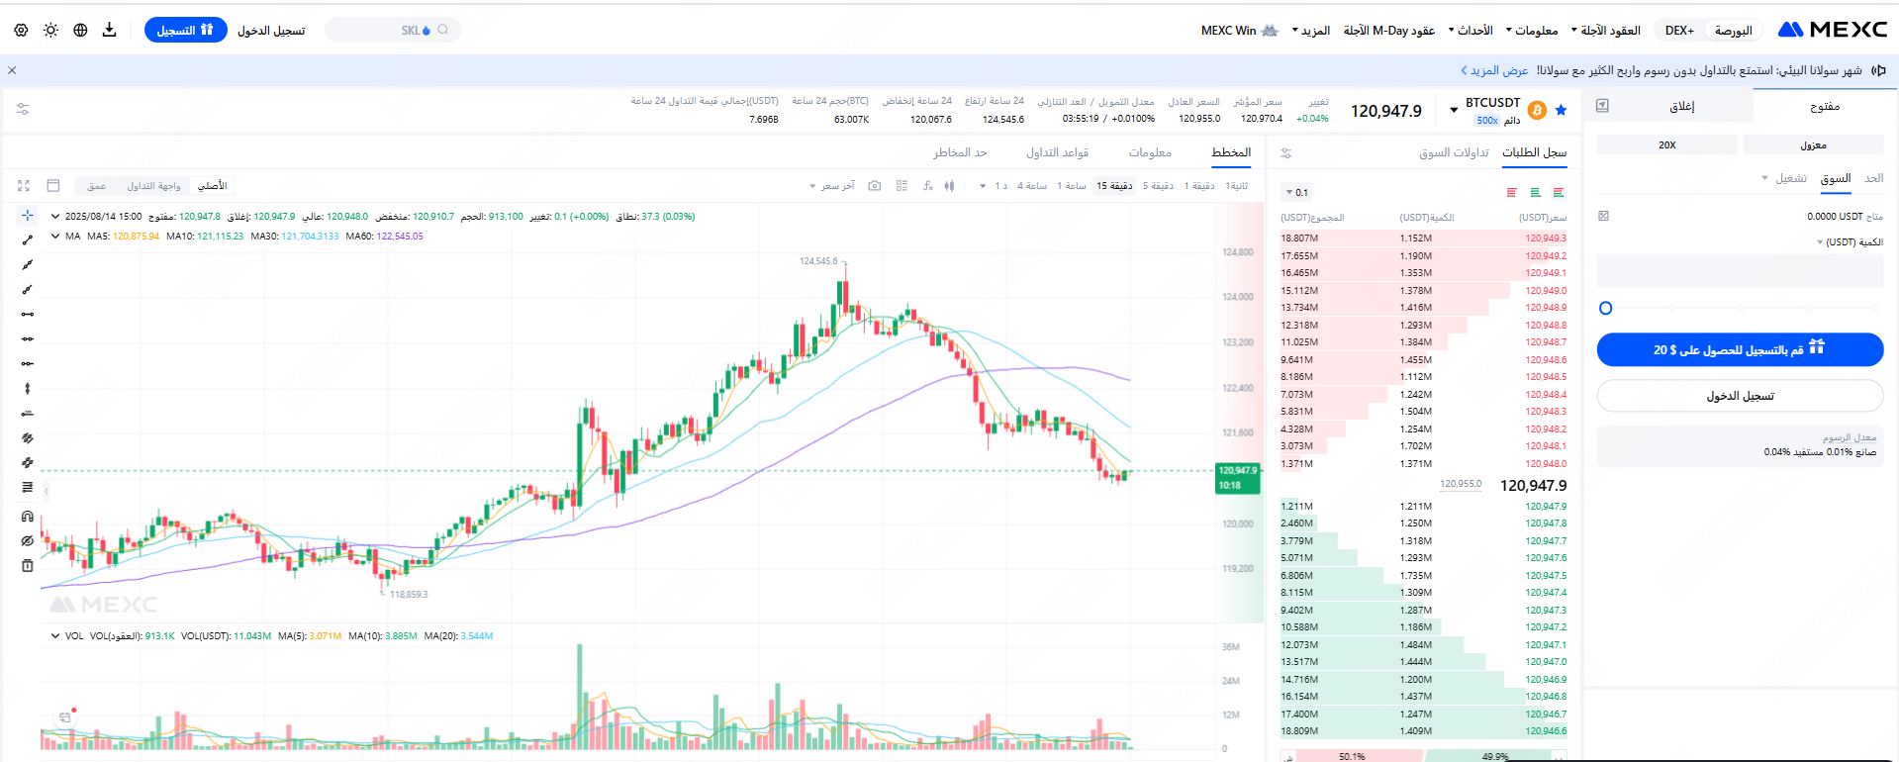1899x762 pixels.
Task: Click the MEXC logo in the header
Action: pos(1832,30)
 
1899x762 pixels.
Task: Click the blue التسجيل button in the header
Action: pos(185,31)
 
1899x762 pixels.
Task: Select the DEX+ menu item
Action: pos(1679,31)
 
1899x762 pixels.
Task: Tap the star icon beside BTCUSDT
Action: pos(1561,110)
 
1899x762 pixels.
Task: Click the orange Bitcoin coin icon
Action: pos(1537,110)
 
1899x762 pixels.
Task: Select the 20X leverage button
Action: pos(1667,145)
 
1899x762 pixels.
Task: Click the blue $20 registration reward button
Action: pos(1740,349)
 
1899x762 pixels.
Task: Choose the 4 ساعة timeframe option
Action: pos(1032,186)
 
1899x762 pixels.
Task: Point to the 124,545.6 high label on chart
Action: pos(818,261)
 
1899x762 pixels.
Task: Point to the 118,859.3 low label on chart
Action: pos(409,595)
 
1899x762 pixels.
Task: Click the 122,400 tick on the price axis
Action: pos(1237,388)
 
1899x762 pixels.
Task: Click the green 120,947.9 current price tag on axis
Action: pos(1237,478)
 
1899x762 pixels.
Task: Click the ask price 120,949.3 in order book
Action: pos(1546,238)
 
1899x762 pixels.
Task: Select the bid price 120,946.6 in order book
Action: pos(1546,731)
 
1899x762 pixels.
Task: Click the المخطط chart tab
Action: pos(1231,152)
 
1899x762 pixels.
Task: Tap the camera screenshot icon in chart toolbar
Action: pos(874,186)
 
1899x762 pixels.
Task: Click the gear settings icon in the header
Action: pos(21,31)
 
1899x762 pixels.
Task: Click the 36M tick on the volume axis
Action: pos(1231,647)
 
